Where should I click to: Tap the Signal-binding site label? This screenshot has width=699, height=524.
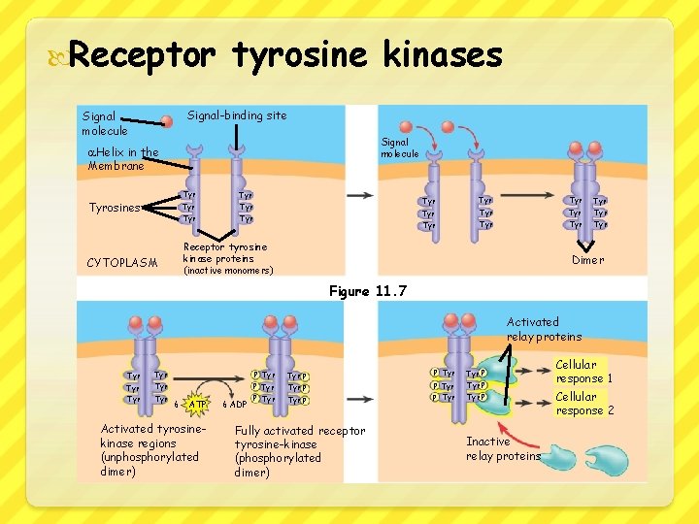point(237,115)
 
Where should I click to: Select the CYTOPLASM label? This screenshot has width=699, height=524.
point(121,263)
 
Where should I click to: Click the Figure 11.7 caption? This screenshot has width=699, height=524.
point(368,291)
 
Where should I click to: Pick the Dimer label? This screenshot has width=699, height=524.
point(587,260)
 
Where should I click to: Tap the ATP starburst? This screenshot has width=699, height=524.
point(198,404)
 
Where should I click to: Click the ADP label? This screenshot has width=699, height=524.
point(237,404)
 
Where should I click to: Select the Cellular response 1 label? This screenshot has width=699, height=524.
point(583,372)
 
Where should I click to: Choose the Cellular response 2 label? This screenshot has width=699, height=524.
point(583,404)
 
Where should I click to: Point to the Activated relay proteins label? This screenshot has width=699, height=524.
point(544,329)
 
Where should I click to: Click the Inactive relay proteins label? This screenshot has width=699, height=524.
point(503,448)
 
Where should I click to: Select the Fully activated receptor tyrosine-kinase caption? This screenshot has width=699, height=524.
point(299,451)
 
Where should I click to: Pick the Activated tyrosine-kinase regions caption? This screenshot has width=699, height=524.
point(150,449)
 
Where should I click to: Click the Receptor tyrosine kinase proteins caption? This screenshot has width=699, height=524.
point(227,258)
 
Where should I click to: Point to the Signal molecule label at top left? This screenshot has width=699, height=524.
point(104,123)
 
